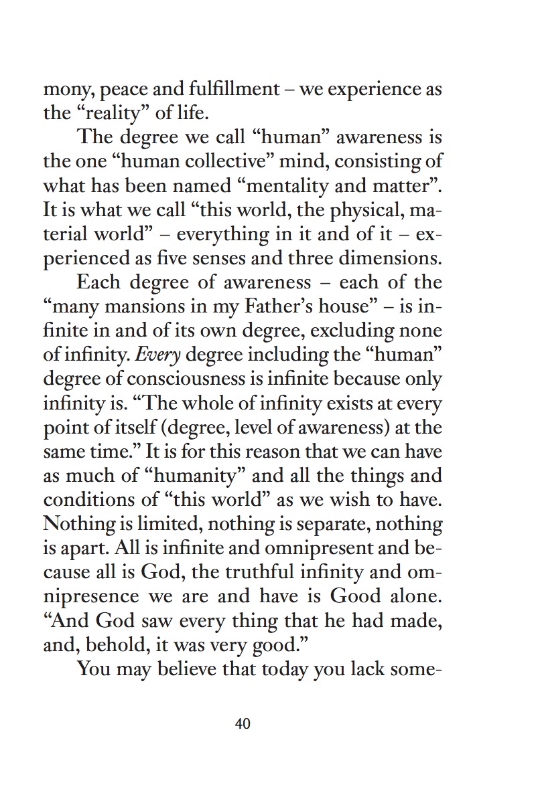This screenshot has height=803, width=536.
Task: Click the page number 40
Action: coord(243,723)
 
